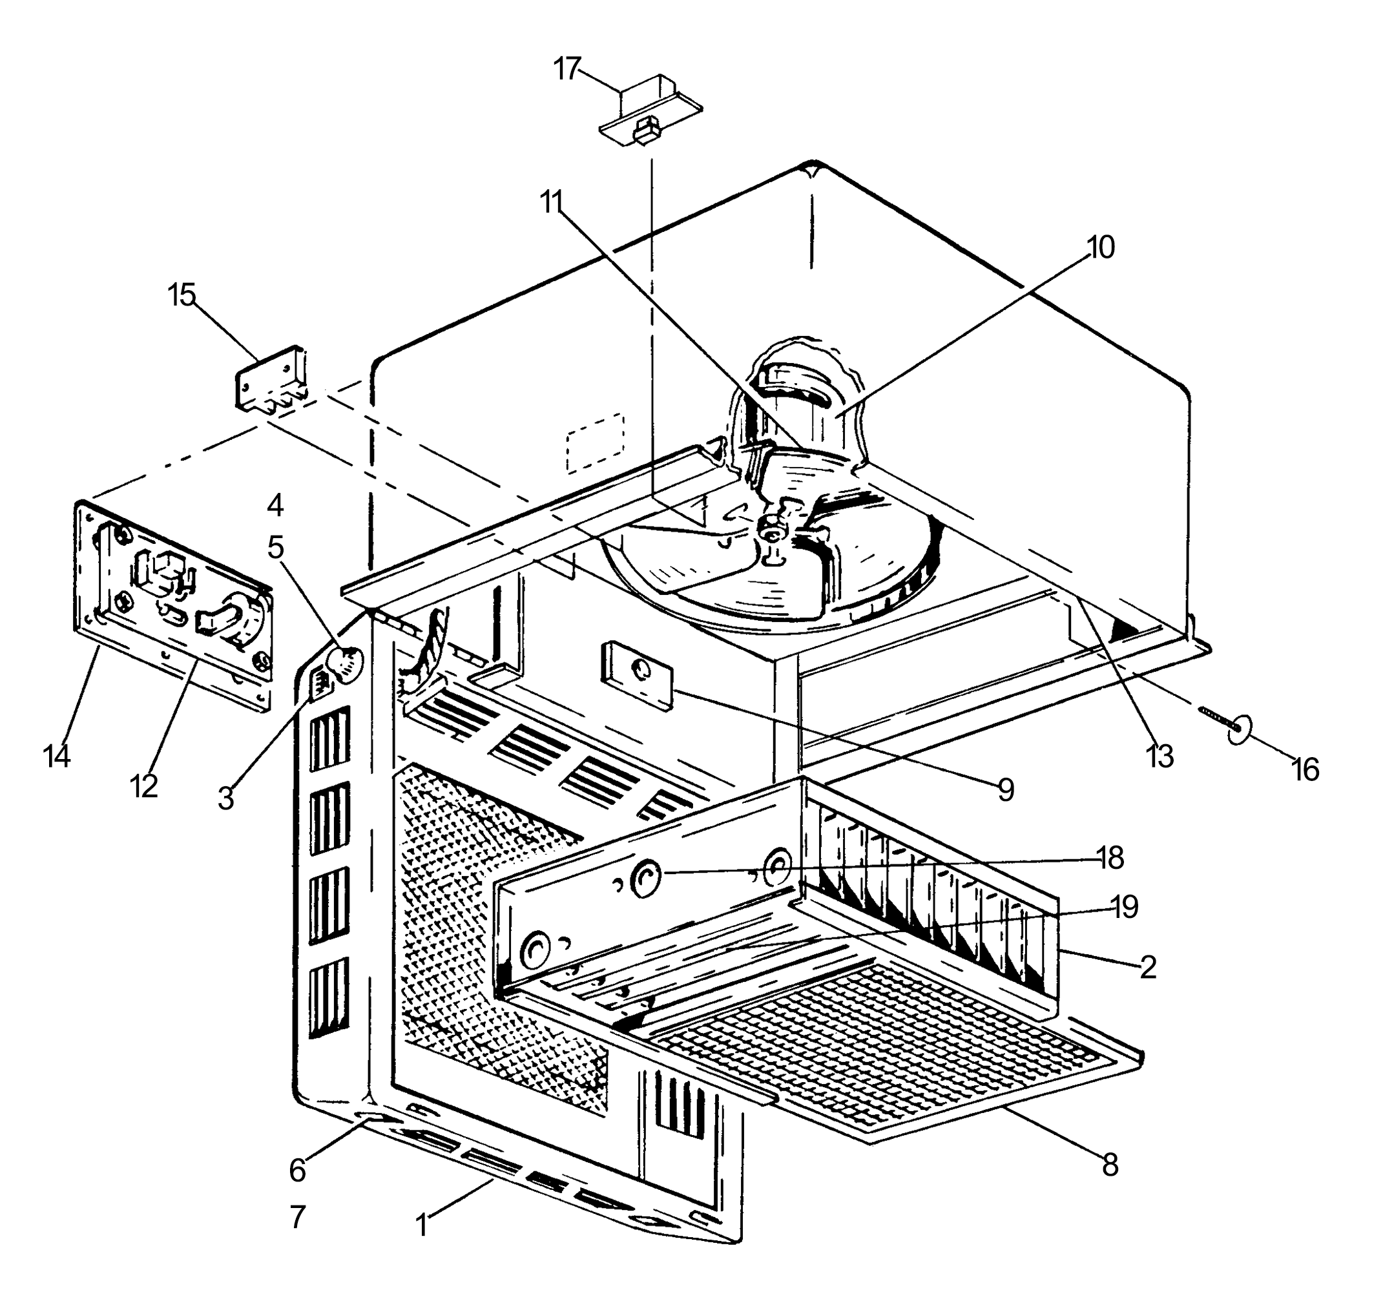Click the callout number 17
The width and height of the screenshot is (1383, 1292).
[567, 69]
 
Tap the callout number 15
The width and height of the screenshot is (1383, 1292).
[182, 295]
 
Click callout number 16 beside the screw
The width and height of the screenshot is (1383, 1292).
[1304, 770]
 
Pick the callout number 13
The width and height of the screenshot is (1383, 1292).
[1159, 757]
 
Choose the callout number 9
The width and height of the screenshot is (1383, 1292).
[1006, 789]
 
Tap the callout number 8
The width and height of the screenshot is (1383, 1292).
[1110, 1165]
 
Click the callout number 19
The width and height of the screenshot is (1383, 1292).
[1125, 906]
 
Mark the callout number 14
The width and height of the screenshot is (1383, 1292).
[56, 756]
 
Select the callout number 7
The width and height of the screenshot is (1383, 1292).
[297, 1217]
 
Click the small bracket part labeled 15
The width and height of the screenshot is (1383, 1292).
[271, 382]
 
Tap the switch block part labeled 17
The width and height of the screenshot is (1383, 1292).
[650, 111]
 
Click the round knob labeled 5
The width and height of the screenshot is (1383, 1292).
[346, 666]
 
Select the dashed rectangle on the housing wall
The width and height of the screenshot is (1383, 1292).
[596, 442]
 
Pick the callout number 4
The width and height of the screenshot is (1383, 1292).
[275, 506]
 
